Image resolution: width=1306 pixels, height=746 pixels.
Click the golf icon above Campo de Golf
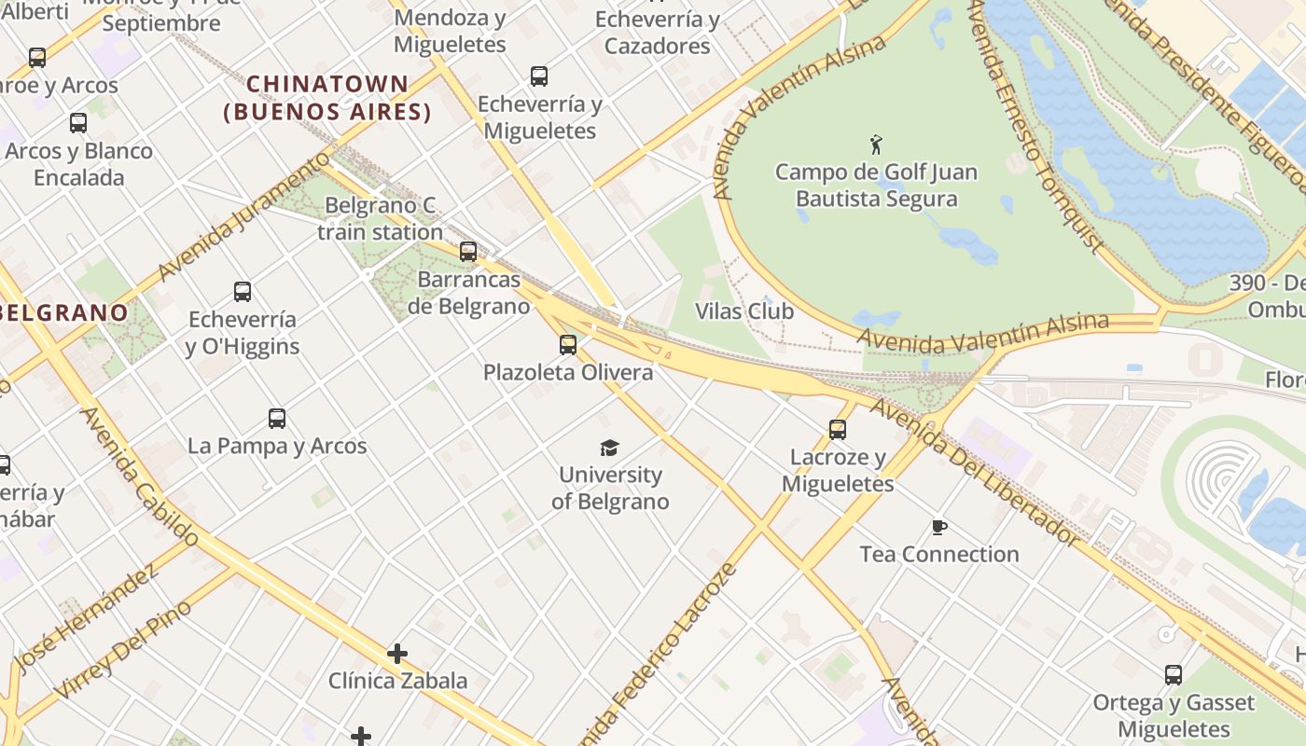[875, 145]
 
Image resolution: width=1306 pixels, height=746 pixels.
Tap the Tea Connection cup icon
[939, 528]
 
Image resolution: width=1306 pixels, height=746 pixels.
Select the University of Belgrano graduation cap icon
[609, 448]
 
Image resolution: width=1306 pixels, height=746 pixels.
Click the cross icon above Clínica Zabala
[397, 654]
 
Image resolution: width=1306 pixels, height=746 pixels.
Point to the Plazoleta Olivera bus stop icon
[568, 345]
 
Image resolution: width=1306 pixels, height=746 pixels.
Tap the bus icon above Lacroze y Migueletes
[838, 430]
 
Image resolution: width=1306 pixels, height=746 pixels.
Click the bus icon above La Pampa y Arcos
[277, 419]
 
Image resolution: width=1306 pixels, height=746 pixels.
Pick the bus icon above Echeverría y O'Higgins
[243, 292]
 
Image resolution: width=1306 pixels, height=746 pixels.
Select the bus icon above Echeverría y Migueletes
[539, 76]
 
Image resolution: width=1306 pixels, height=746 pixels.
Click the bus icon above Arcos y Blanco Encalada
[78, 123]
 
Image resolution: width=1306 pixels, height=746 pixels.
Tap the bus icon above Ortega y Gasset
[1174, 675]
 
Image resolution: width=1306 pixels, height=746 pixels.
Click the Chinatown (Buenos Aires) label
[327, 98]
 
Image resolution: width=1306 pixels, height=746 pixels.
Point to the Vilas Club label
[744, 311]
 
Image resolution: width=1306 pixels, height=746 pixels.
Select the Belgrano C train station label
[380, 218]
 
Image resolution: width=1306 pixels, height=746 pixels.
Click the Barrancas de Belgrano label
[468, 292]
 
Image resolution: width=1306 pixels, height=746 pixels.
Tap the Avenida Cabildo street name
[140, 477]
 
